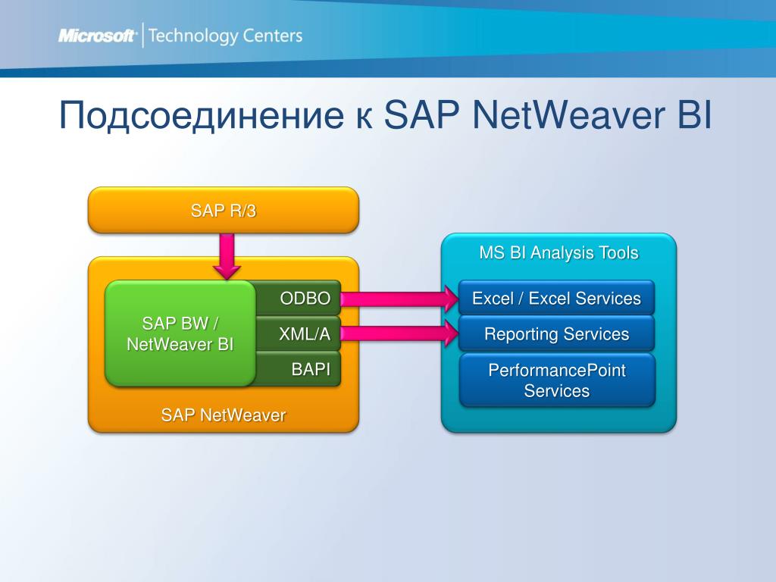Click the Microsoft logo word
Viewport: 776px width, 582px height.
point(97,36)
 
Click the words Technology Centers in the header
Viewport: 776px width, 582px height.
point(226,36)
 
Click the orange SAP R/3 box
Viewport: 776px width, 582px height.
point(224,210)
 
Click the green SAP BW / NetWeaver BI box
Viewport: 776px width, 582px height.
point(180,333)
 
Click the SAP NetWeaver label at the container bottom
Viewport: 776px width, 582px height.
point(223,415)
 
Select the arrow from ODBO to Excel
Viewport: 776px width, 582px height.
point(398,299)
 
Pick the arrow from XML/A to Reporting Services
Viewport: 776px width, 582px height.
point(398,333)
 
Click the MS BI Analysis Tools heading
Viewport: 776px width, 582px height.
point(559,252)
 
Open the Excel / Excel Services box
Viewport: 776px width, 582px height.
point(556,299)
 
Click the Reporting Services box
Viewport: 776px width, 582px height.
point(556,334)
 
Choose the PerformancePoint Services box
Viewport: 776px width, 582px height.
point(556,380)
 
